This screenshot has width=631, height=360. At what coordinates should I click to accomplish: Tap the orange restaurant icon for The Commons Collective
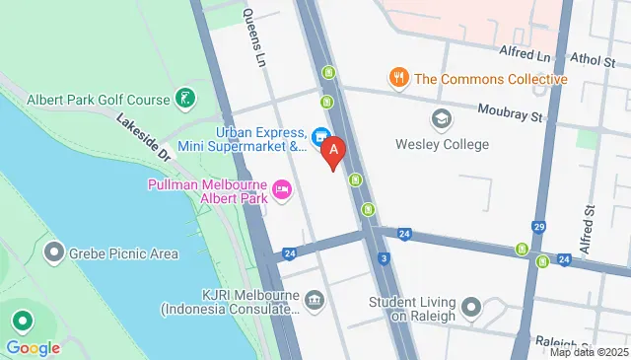pos(398,79)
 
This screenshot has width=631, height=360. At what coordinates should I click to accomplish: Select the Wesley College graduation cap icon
pos(442,119)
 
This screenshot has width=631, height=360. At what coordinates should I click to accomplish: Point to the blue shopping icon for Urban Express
pos(319,138)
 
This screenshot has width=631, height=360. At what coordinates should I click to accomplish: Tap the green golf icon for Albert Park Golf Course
pos(183,98)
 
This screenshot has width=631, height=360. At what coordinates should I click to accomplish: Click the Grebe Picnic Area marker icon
pos(53,253)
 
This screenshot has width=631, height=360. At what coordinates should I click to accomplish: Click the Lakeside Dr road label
pos(144,137)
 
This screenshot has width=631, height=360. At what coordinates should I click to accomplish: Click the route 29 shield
pos(538,227)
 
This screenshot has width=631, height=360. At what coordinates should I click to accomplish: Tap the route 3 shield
pos(382,259)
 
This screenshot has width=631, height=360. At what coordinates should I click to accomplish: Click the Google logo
pos(33,347)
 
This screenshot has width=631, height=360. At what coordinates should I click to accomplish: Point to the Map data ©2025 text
pos(589,352)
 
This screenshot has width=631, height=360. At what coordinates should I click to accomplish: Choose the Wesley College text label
pos(442,144)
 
